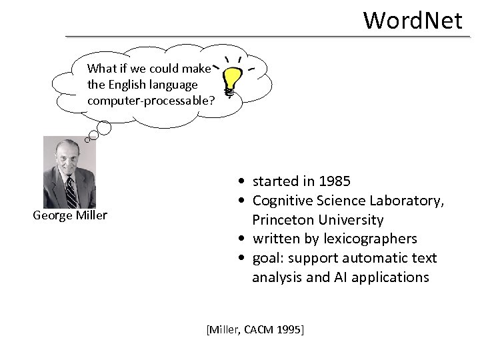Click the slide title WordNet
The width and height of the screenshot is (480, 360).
(x=413, y=20)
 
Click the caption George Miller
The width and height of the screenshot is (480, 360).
(x=70, y=215)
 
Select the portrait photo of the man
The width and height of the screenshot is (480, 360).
(x=70, y=172)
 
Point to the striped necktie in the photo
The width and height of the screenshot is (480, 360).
(x=71, y=190)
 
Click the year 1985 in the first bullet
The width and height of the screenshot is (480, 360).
(x=334, y=181)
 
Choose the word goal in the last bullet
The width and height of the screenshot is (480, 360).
(x=266, y=258)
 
